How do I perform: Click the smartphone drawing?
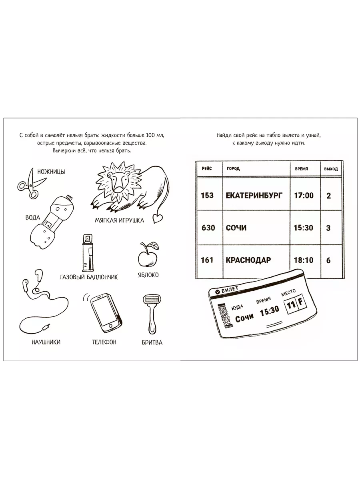pos(106,313)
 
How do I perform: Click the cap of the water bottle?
pos(69,197)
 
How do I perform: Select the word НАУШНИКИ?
pos(46,342)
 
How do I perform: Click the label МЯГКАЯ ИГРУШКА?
pos(119,220)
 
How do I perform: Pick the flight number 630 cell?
pos(208,228)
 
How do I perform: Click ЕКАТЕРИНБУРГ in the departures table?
pos(254,196)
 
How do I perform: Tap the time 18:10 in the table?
pos(304,260)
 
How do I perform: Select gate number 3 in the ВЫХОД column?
pos(328,228)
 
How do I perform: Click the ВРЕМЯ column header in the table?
pos(302,169)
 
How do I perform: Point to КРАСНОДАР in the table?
pos(248,260)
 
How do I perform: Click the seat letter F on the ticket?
pos(301,302)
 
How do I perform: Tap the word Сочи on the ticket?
pos(244,318)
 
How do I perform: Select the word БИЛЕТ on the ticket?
pos(230,290)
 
